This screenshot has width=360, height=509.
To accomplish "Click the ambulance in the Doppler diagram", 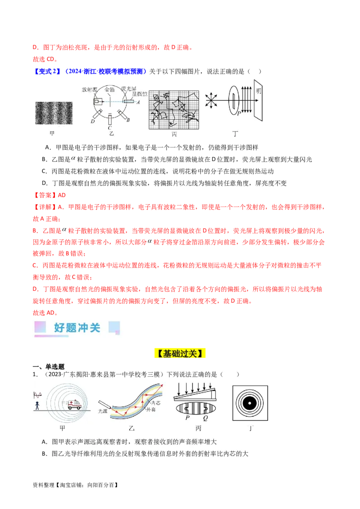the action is [74, 404].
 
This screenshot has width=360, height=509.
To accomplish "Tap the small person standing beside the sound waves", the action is [37, 406].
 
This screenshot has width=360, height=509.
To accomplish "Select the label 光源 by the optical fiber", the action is [103, 411].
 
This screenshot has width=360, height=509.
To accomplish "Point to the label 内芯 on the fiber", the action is [156, 403].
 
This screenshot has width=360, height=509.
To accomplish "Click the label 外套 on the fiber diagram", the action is [151, 410].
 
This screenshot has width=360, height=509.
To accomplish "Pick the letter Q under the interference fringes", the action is [205, 418].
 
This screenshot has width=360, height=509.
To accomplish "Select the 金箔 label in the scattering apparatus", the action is [109, 89].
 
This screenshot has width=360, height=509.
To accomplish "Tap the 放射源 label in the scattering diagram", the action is [90, 89].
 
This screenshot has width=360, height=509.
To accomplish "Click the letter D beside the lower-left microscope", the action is [93, 121].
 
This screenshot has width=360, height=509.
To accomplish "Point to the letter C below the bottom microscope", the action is [110, 128].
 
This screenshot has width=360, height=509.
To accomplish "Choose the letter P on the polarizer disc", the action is [239, 114].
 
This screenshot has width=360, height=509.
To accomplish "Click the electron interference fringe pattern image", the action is [54, 113].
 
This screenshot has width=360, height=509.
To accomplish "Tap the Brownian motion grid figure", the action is [174, 110].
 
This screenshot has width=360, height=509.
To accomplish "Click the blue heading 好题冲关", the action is [77, 327].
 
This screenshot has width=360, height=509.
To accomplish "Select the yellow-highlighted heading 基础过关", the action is [180, 353].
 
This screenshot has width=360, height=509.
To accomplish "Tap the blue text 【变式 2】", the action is [47, 71].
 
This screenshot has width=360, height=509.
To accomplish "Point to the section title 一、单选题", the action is [49, 367].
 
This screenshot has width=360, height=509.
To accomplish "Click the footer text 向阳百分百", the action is [101, 485].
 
